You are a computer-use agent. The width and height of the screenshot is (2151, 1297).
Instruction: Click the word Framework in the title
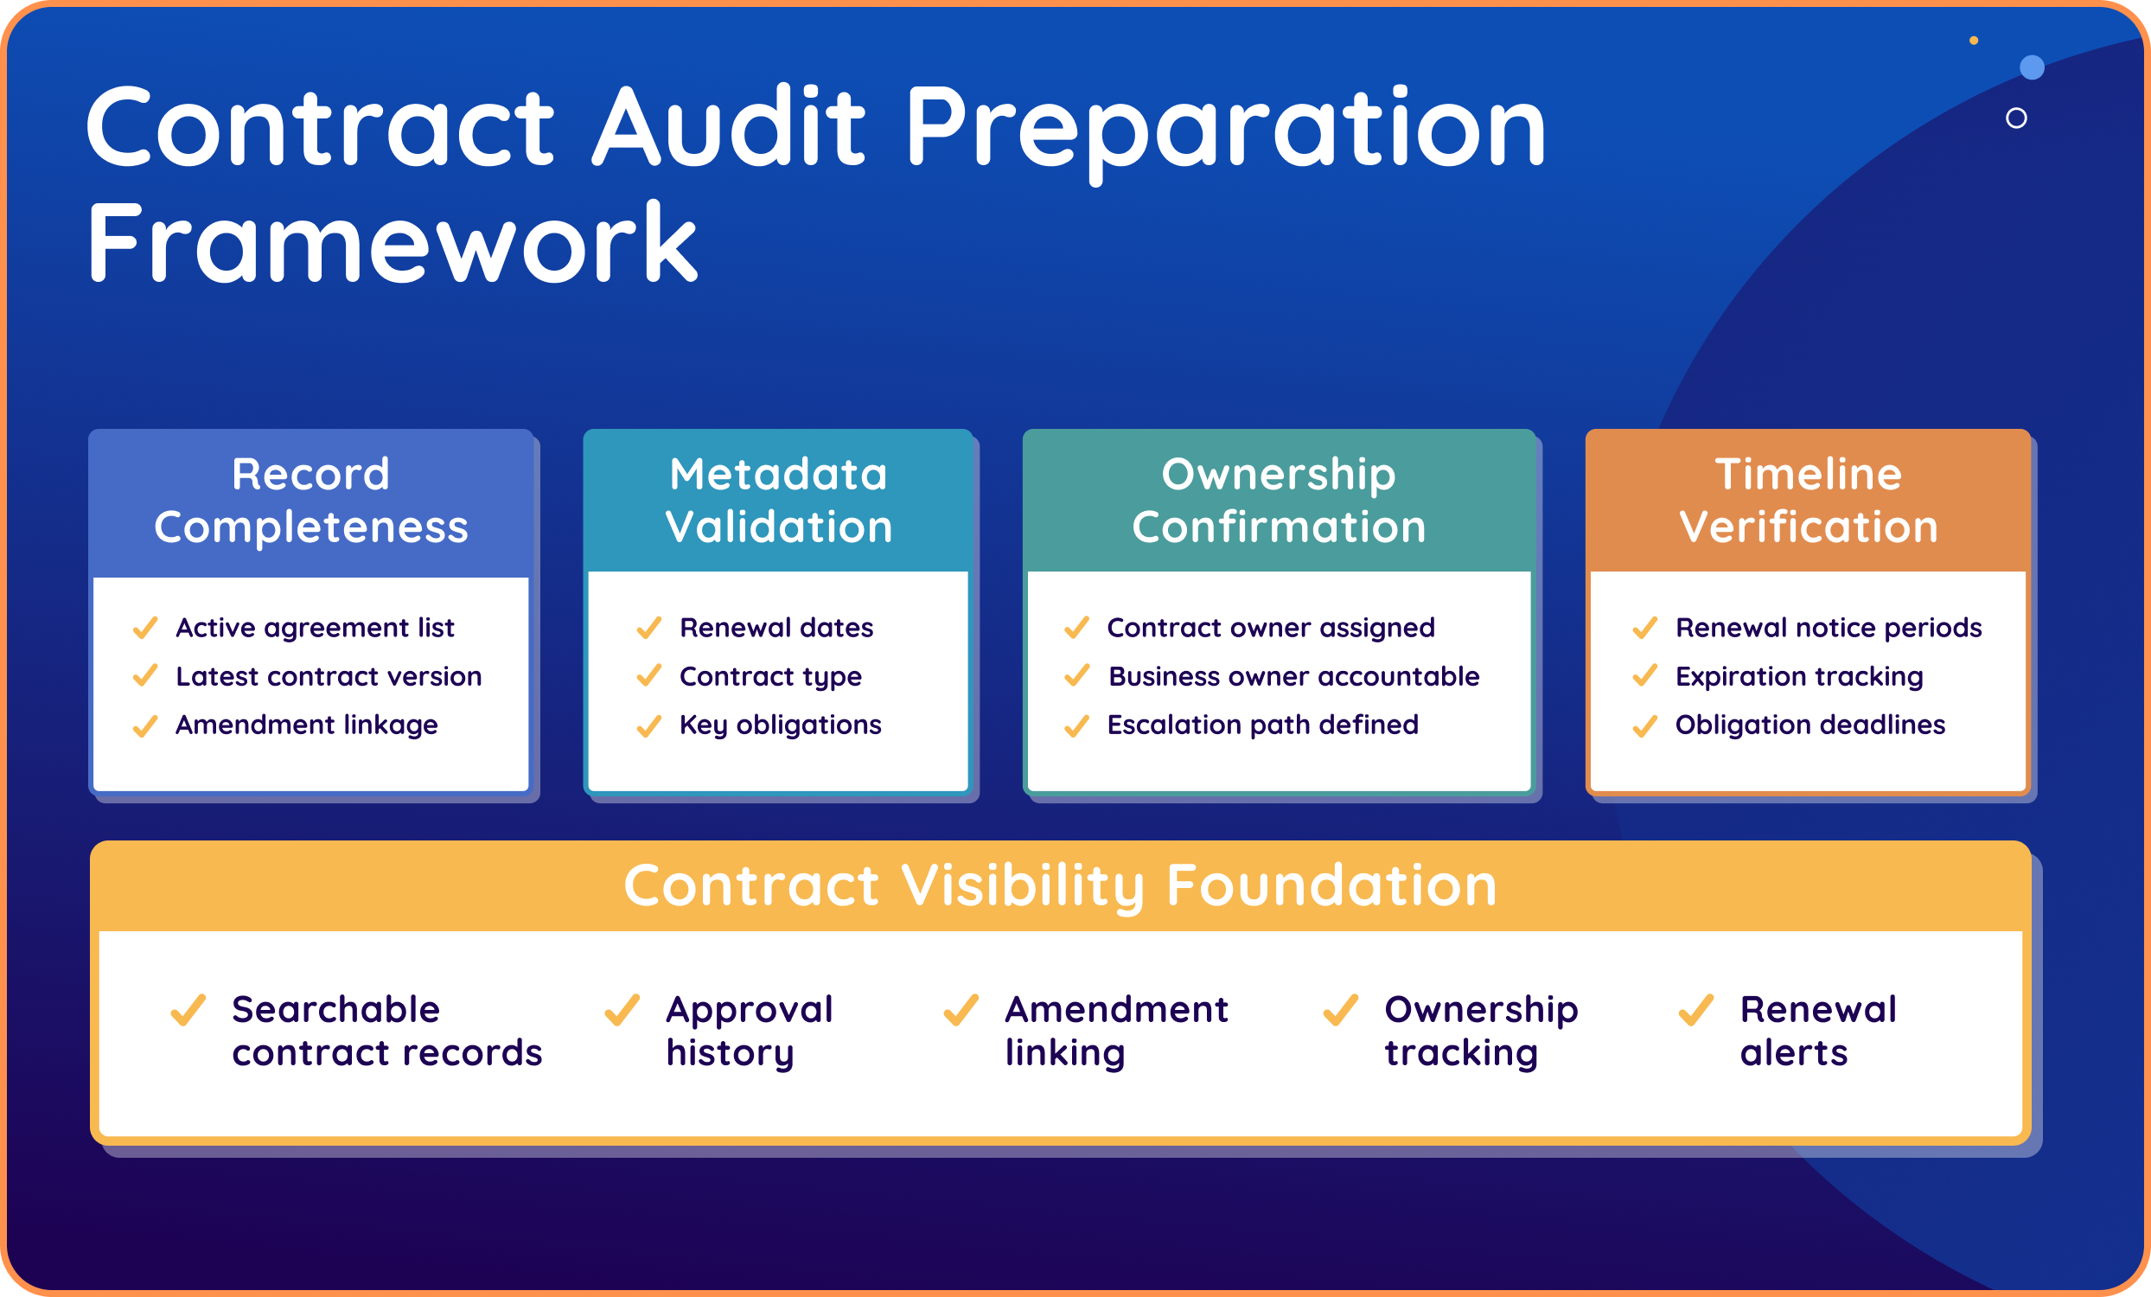point(392,242)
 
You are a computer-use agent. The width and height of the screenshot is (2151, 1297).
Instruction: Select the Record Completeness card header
point(310,501)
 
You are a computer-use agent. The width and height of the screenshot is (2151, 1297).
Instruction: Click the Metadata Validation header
point(778,501)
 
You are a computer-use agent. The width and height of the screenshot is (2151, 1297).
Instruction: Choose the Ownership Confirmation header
point(1278,501)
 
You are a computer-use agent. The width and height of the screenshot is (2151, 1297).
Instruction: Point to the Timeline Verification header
point(1808,501)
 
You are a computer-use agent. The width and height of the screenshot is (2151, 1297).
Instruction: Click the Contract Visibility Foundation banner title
point(1060,886)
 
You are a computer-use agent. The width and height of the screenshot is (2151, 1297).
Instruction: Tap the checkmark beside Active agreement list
point(145,628)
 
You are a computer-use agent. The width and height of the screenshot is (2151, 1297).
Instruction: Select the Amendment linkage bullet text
point(306,725)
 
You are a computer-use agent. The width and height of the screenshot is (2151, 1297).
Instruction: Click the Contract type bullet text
point(770,676)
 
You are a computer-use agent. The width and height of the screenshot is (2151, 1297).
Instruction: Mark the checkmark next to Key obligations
point(648,725)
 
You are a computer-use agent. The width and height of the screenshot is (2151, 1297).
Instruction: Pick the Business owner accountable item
point(1293,676)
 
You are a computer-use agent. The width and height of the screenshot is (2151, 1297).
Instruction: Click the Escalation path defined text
point(1262,725)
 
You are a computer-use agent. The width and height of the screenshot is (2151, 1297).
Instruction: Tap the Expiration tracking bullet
point(1798,676)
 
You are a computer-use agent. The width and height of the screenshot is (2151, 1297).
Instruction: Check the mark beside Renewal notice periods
point(1644,628)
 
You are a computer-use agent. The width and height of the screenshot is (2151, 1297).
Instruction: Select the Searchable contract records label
point(386,1031)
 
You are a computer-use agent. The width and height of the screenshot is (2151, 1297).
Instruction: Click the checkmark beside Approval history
point(622,1010)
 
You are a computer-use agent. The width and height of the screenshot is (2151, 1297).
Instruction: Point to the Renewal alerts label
point(1817,1031)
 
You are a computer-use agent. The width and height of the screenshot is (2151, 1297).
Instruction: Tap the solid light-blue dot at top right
point(2033,67)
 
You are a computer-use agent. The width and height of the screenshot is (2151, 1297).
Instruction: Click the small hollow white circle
point(2016,118)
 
